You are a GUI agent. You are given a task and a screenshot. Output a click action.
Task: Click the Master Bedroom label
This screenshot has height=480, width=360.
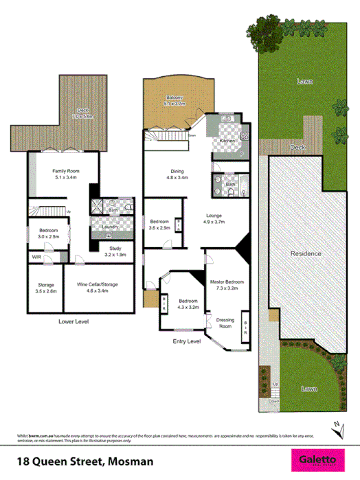click(x=227, y=284)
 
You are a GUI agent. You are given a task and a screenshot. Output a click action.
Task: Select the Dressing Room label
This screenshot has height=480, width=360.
click(x=225, y=322)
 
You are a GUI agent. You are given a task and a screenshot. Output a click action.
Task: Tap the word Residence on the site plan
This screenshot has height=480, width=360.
click(x=305, y=253)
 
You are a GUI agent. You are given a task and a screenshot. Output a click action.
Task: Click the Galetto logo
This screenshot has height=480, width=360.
click(x=317, y=459)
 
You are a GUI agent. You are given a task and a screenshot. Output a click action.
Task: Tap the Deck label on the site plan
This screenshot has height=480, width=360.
click(x=297, y=148)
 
